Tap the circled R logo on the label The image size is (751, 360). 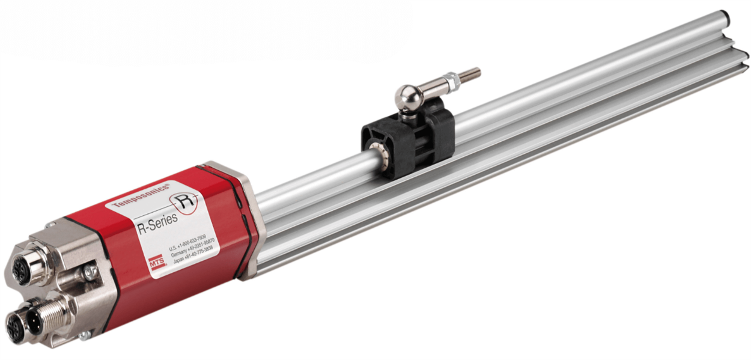(183, 200)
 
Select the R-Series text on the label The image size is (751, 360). (157, 222)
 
